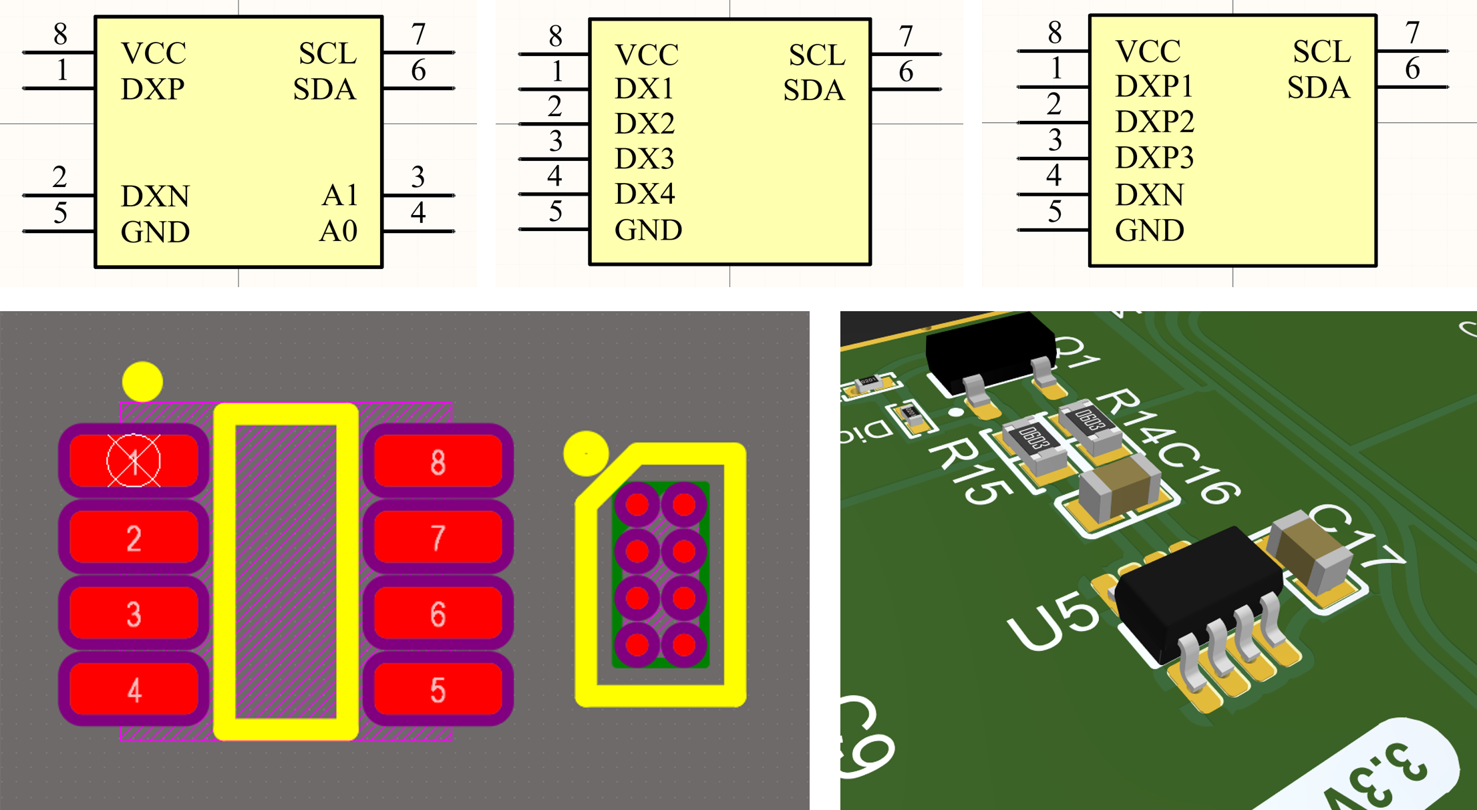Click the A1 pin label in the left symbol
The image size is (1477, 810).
[x=340, y=196]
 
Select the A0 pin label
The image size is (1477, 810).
[x=339, y=232]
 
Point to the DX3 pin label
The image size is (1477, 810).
[x=644, y=159]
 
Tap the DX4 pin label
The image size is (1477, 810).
[x=644, y=194]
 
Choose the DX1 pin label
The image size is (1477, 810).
[x=643, y=89]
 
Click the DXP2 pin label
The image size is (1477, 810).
[x=1154, y=122]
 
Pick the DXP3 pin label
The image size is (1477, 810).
[x=1154, y=158]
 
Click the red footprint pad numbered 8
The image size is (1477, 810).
[x=438, y=461]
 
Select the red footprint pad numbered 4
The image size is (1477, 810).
[x=134, y=690]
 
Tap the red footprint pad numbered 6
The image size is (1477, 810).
[x=438, y=614]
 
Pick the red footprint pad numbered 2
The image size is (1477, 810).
[x=134, y=538]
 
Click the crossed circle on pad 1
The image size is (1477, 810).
[x=134, y=461]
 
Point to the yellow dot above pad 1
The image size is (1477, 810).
[x=142, y=382]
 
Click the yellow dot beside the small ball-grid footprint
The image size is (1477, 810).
[x=586, y=453]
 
